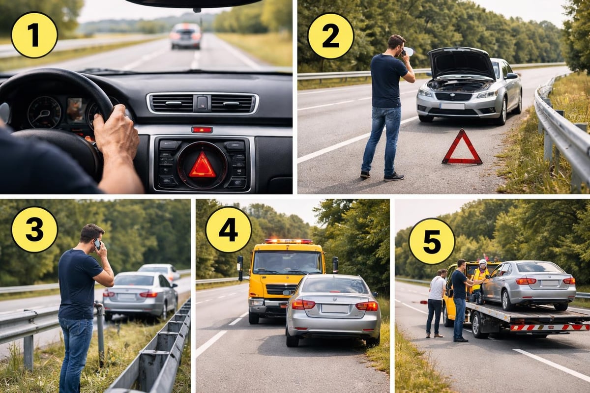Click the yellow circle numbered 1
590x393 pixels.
34,35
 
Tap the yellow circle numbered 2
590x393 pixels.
330,36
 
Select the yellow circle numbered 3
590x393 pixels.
34,229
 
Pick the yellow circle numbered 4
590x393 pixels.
228,229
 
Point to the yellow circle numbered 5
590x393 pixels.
432,241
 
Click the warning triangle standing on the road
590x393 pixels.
462,148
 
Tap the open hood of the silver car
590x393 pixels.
461,62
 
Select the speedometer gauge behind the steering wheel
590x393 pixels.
44,112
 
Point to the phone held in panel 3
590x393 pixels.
97,244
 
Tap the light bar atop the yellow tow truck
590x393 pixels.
288,241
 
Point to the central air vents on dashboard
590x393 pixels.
202,104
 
